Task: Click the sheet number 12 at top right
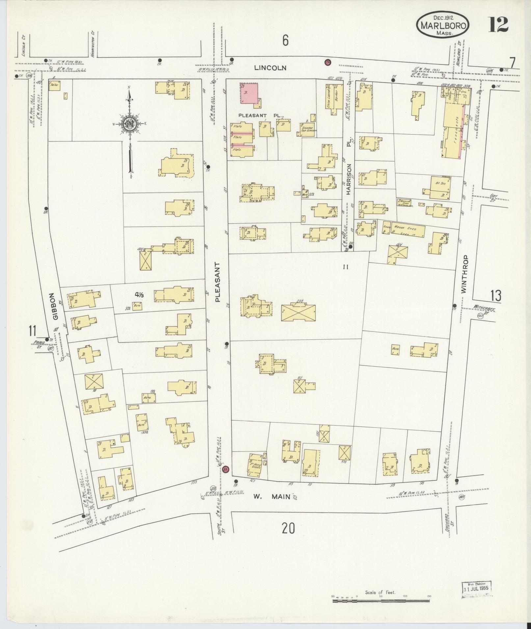coord(498,25)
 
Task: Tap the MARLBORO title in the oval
coord(443,26)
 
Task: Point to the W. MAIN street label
coord(272,496)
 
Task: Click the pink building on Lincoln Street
coord(250,93)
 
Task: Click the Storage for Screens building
coord(308,130)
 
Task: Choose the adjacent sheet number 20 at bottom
coord(288,528)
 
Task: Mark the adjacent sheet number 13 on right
coord(496,296)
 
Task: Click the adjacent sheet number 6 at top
coord(285,41)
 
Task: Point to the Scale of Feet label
coord(380,592)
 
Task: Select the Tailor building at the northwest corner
coord(54,85)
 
